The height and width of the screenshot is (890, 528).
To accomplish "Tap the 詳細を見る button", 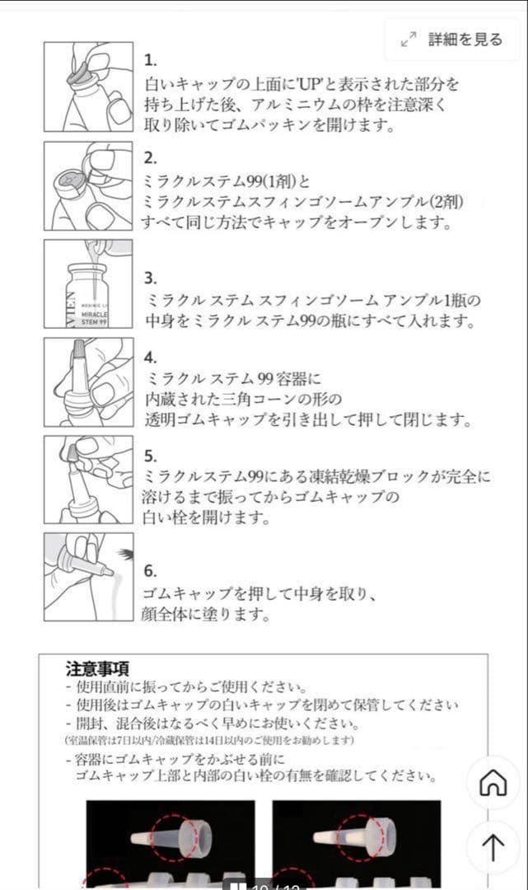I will (x=452, y=40).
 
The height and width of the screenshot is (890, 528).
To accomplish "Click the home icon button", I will (x=493, y=782).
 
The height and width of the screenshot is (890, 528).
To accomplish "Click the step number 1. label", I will (x=151, y=60).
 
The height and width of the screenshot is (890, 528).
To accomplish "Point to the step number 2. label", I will (x=151, y=158).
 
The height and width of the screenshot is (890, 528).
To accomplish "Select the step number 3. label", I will (x=151, y=278).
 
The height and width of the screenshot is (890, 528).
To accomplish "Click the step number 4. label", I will (x=151, y=357).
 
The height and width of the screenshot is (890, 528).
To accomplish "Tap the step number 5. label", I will (x=151, y=455).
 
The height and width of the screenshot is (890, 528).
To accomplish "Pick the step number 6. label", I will (x=151, y=570).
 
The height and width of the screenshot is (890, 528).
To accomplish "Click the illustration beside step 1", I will (x=88, y=87).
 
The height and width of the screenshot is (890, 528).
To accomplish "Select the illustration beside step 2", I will (x=88, y=185).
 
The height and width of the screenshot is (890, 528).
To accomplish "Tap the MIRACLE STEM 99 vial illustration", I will (x=88, y=284).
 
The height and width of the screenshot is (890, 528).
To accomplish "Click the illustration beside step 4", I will (x=88, y=382).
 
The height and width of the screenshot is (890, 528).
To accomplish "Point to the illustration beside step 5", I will (x=88, y=480).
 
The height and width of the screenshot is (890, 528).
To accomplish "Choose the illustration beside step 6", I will (x=88, y=577).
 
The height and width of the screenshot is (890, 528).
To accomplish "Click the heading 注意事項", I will (x=97, y=668).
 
